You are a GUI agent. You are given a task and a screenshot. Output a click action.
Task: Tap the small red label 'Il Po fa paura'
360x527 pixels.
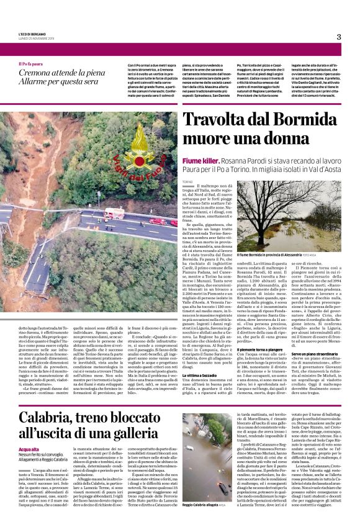point(30,64)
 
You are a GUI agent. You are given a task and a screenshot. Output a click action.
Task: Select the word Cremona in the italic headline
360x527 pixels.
point(39,74)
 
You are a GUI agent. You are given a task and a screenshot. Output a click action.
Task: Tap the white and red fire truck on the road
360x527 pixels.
point(114,214)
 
